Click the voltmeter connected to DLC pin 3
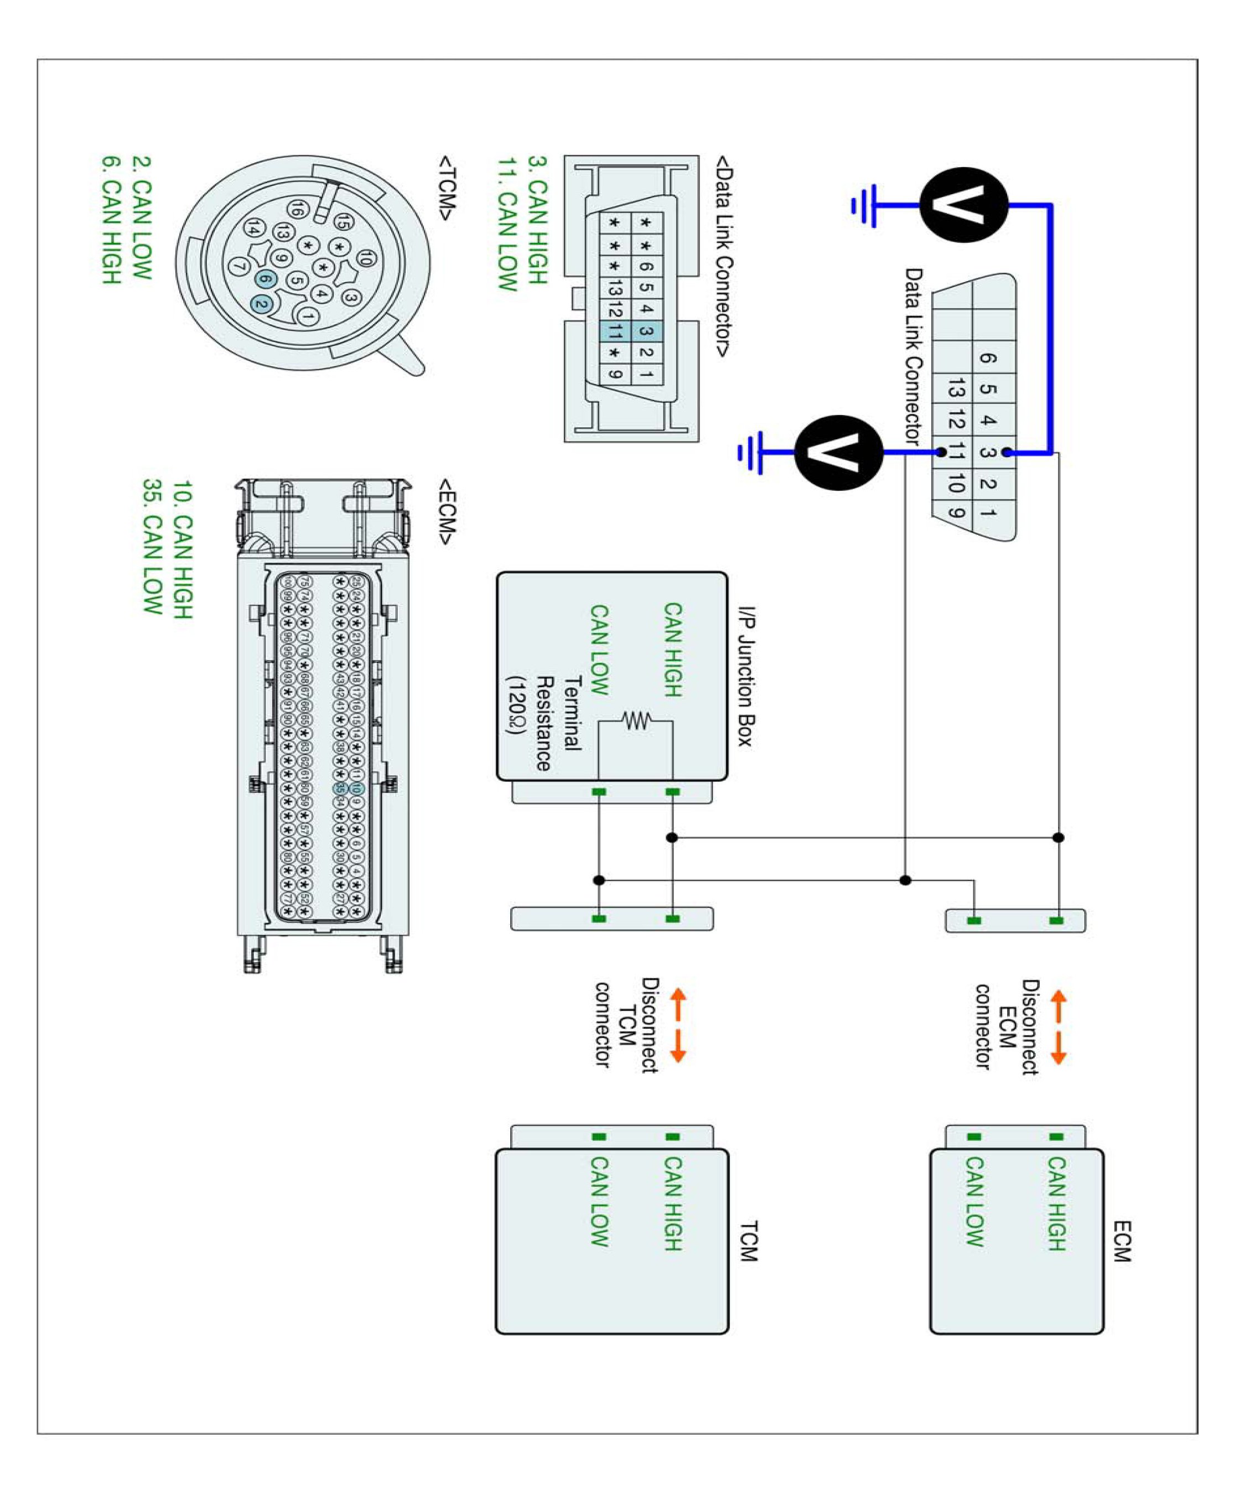point(963,205)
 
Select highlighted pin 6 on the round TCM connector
point(265,279)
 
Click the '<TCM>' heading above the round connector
point(447,188)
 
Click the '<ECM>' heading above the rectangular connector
point(447,511)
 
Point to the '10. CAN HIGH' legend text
point(183,549)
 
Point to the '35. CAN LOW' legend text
point(152,547)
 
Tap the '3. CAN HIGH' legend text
point(537,220)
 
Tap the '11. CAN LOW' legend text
point(507,225)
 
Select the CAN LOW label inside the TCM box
point(599,1201)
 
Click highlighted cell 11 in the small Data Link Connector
point(615,330)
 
